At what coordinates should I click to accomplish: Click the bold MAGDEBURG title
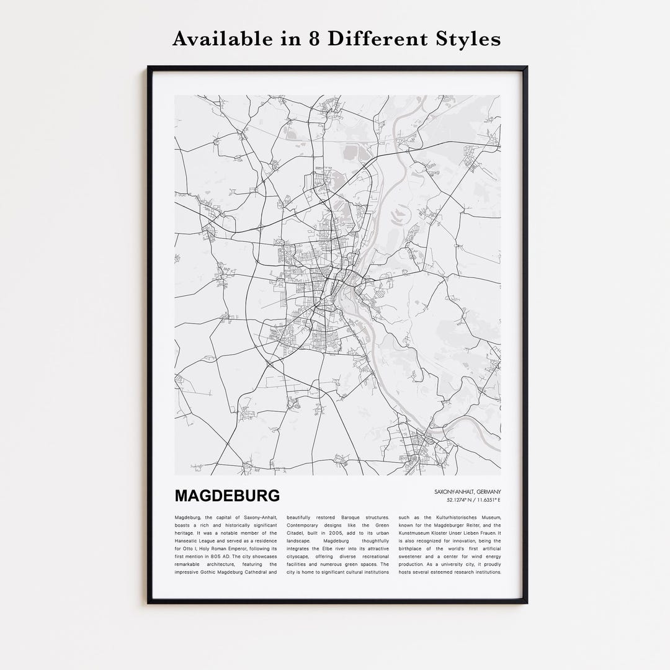(227, 496)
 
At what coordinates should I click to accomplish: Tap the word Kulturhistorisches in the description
(445, 517)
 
